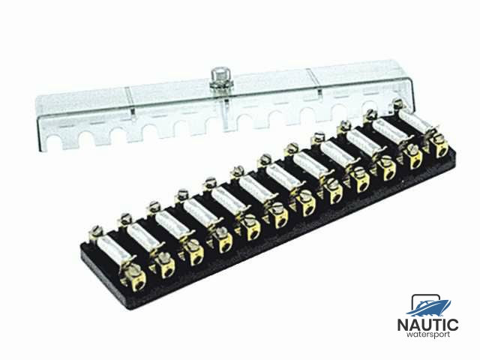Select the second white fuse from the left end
tap(143, 233)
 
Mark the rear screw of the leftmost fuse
tap(96, 232)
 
